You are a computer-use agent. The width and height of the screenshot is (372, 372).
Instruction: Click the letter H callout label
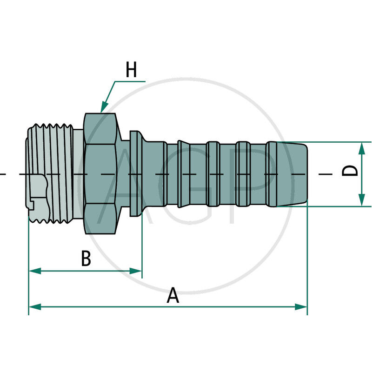click(x=132, y=71)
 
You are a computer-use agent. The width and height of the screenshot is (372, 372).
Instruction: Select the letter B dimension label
click(x=86, y=259)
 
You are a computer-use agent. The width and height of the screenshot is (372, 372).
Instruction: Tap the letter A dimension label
click(x=173, y=296)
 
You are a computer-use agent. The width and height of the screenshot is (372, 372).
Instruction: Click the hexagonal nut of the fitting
click(x=100, y=173)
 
